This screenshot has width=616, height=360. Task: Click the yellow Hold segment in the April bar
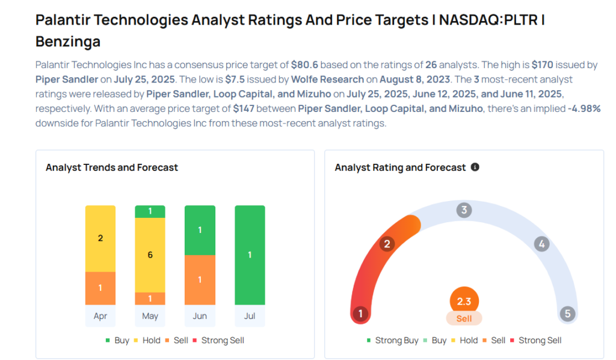[x=100, y=238]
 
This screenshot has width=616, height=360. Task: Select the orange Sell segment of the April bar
[x=100, y=288]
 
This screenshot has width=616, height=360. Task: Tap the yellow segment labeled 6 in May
[x=150, y=255]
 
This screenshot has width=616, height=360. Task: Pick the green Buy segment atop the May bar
[x=150, y=211]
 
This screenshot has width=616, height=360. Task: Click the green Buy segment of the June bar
[x=200, y=231]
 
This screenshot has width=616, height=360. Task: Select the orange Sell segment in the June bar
[x=200, y=280]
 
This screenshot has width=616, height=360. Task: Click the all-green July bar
[x=250, y=255]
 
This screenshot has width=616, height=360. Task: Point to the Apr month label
[x=100, y=316]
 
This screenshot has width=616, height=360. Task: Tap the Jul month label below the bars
[x=250, y=316]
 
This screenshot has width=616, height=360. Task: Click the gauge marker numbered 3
[x=464, y=210]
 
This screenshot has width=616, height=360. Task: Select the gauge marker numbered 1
[x=360, y=314]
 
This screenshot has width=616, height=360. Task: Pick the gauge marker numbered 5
[x=567, y=314]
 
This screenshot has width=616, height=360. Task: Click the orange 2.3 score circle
[x=464, y=301]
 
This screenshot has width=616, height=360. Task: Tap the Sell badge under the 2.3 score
[x=464, y=318]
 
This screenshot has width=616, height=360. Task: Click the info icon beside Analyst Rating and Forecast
[x=475, y=167]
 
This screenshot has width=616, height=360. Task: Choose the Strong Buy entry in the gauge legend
[x=392, y=340]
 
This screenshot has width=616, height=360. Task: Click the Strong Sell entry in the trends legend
[x=218, y=340]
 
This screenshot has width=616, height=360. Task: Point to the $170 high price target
[x=542, y=65]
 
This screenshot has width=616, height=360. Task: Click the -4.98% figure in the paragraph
[x=584, y=108]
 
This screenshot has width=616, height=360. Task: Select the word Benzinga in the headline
[x=68, y=42]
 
